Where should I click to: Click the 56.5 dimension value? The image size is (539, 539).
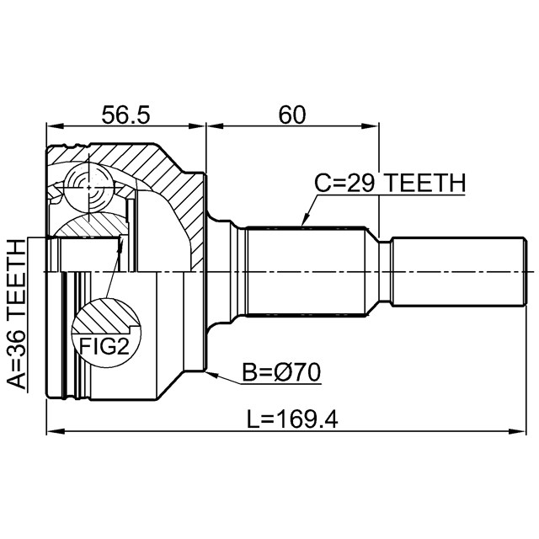125,115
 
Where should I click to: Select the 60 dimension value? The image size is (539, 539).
292,115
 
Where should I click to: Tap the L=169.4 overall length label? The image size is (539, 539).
292,419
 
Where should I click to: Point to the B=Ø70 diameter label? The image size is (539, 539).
281,372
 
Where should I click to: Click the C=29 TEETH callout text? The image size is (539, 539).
390,183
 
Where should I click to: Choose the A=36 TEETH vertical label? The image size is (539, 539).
17,314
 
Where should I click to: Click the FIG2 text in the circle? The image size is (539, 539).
104,346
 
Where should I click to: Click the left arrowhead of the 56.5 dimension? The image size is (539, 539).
55,125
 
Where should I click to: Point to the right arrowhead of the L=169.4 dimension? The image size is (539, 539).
517,431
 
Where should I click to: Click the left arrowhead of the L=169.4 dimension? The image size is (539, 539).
55,431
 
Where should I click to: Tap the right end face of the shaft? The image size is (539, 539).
525,271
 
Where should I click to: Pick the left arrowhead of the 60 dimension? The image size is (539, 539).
215,125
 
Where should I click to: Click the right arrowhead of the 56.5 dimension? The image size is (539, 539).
196,125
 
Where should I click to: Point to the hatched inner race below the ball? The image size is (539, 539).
90,225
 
